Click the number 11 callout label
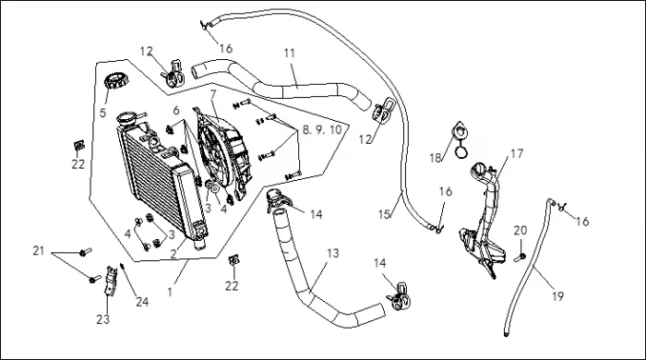point(290,54)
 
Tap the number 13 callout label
point(333,253)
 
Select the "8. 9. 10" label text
point(322,130)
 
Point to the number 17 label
point(517,153)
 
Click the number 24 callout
point(142,302)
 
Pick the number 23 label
point(103,319)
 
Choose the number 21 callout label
point(39,250)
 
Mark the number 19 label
point(557,296)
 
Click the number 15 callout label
point(384,214)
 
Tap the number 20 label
point(520,231)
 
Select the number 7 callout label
point(213,94)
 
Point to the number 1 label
point(170,293)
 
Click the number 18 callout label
point(435,158)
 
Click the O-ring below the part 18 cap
point(461,152)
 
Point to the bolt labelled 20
point(520,258)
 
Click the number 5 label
point(102,112)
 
